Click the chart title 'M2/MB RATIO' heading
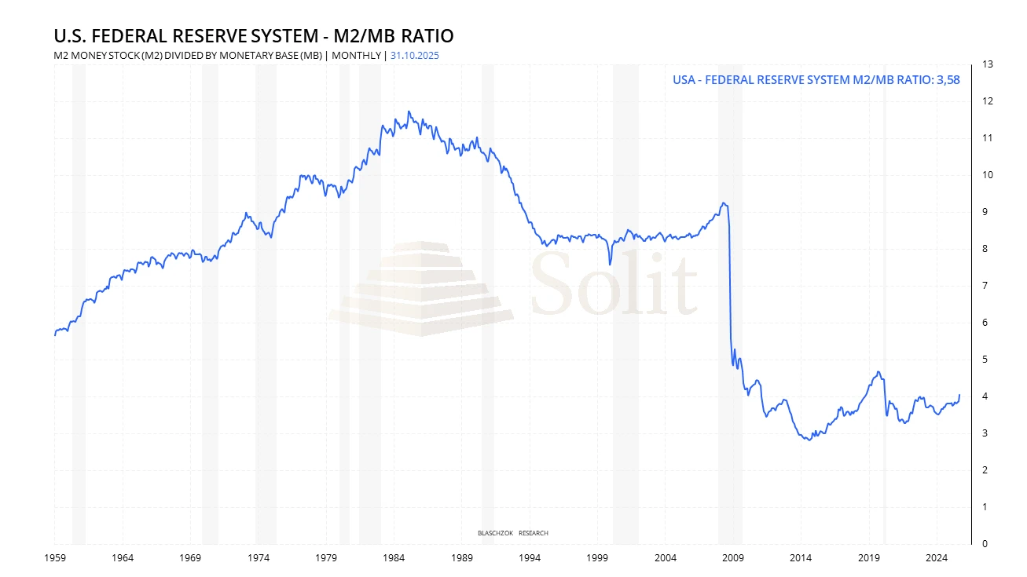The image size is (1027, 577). point(253,36)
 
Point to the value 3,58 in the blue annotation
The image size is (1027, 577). point(948,79)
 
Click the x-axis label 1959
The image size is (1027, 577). point(54,558)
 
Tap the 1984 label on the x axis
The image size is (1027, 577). point(394,558)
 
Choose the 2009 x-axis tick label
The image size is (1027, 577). point(733,558)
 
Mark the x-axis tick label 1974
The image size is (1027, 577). point(258,558)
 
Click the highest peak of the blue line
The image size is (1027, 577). point(409,111)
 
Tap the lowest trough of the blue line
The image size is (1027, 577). point(809,440)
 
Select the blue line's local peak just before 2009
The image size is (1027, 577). point(724,203)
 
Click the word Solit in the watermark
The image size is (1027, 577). point(614,281)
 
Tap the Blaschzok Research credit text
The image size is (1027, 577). point(513,533)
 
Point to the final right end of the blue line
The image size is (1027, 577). point(959,394)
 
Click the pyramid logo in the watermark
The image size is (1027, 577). point(421,289)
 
